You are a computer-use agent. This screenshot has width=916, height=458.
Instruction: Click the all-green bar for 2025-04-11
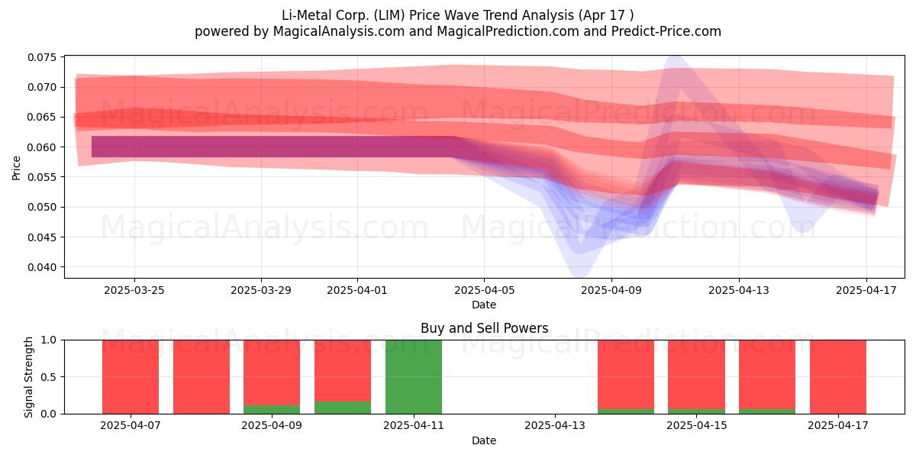click(x=414, y=376)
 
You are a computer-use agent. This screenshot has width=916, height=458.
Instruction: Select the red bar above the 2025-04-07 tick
click(x=131, y=376)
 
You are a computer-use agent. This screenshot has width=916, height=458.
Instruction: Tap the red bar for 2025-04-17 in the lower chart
click(x=838, y=376)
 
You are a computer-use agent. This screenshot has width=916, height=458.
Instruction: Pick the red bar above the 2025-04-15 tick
click(x=696, y=375)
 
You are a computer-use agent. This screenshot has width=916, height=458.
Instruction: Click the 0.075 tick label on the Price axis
click(x=42, y=57)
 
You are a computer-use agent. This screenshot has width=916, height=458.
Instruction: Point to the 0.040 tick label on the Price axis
click(x=42, y=267)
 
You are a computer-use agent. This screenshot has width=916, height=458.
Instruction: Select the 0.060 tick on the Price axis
click(x=42, y=147)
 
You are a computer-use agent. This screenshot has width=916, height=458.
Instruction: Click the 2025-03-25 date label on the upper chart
click(x=134, y=290)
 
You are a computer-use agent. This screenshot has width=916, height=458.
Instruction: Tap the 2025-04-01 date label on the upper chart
click(x=357, y=290)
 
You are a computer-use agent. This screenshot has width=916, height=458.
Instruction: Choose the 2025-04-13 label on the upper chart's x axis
click(x=739, y=290)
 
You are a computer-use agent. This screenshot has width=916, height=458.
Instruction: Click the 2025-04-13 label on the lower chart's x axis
click(x=555, y=426)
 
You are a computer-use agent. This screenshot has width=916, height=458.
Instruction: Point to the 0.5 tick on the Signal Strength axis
click(x=48, y=377)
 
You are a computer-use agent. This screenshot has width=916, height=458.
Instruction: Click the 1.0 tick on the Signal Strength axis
click(x=48, y=340)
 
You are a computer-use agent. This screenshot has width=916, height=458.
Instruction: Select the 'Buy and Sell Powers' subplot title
click(x=484, y=328)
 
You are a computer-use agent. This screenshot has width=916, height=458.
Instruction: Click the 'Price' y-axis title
click(x=16, y=168)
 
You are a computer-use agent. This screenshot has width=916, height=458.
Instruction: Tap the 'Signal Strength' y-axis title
click(x=28, y=377)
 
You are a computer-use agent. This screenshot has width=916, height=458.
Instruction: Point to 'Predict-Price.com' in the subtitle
click(x=666, y=31)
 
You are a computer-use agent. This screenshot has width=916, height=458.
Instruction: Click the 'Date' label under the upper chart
click(x=484, y=305)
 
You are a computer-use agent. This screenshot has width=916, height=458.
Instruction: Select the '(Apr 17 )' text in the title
click(x=605, y=15)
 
